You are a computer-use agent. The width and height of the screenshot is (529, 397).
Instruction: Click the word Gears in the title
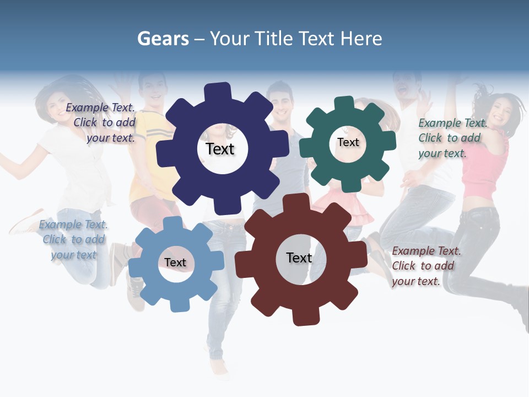163,39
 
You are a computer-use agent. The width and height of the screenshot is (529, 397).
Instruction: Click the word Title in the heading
273,39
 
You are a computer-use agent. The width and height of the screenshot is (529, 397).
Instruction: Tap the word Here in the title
361,39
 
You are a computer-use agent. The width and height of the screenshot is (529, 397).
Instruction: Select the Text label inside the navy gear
220,149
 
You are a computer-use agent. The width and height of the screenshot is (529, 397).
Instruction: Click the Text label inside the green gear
348,142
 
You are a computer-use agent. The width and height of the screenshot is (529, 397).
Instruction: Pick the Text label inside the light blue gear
175,262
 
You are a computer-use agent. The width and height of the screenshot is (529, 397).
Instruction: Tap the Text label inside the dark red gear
299,257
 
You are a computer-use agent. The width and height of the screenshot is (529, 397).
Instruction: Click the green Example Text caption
452,138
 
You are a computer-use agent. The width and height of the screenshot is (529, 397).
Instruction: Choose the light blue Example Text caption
73,239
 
